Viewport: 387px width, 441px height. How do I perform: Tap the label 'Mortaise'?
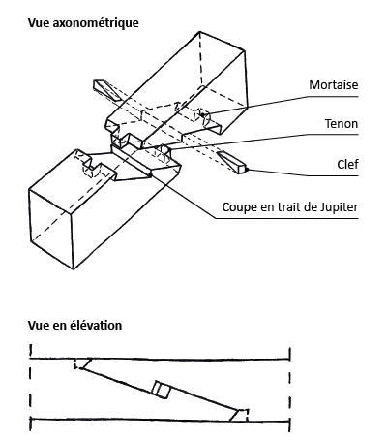click(x=334, y=85)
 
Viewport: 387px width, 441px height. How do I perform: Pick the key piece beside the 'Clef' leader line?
click(x=232, y=161)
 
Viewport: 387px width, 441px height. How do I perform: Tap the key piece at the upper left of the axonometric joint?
click(x=104, y=88)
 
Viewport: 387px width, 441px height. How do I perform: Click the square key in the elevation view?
click(x=162, y=389)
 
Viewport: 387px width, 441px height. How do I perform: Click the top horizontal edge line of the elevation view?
click(x=160, y=357)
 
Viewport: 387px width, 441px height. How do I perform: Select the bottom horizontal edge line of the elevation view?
click(x=160, y=421)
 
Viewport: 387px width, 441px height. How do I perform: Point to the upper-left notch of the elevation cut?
click(x=83, y=363)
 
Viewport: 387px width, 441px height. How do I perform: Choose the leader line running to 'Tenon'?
click(x=271, y=135)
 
